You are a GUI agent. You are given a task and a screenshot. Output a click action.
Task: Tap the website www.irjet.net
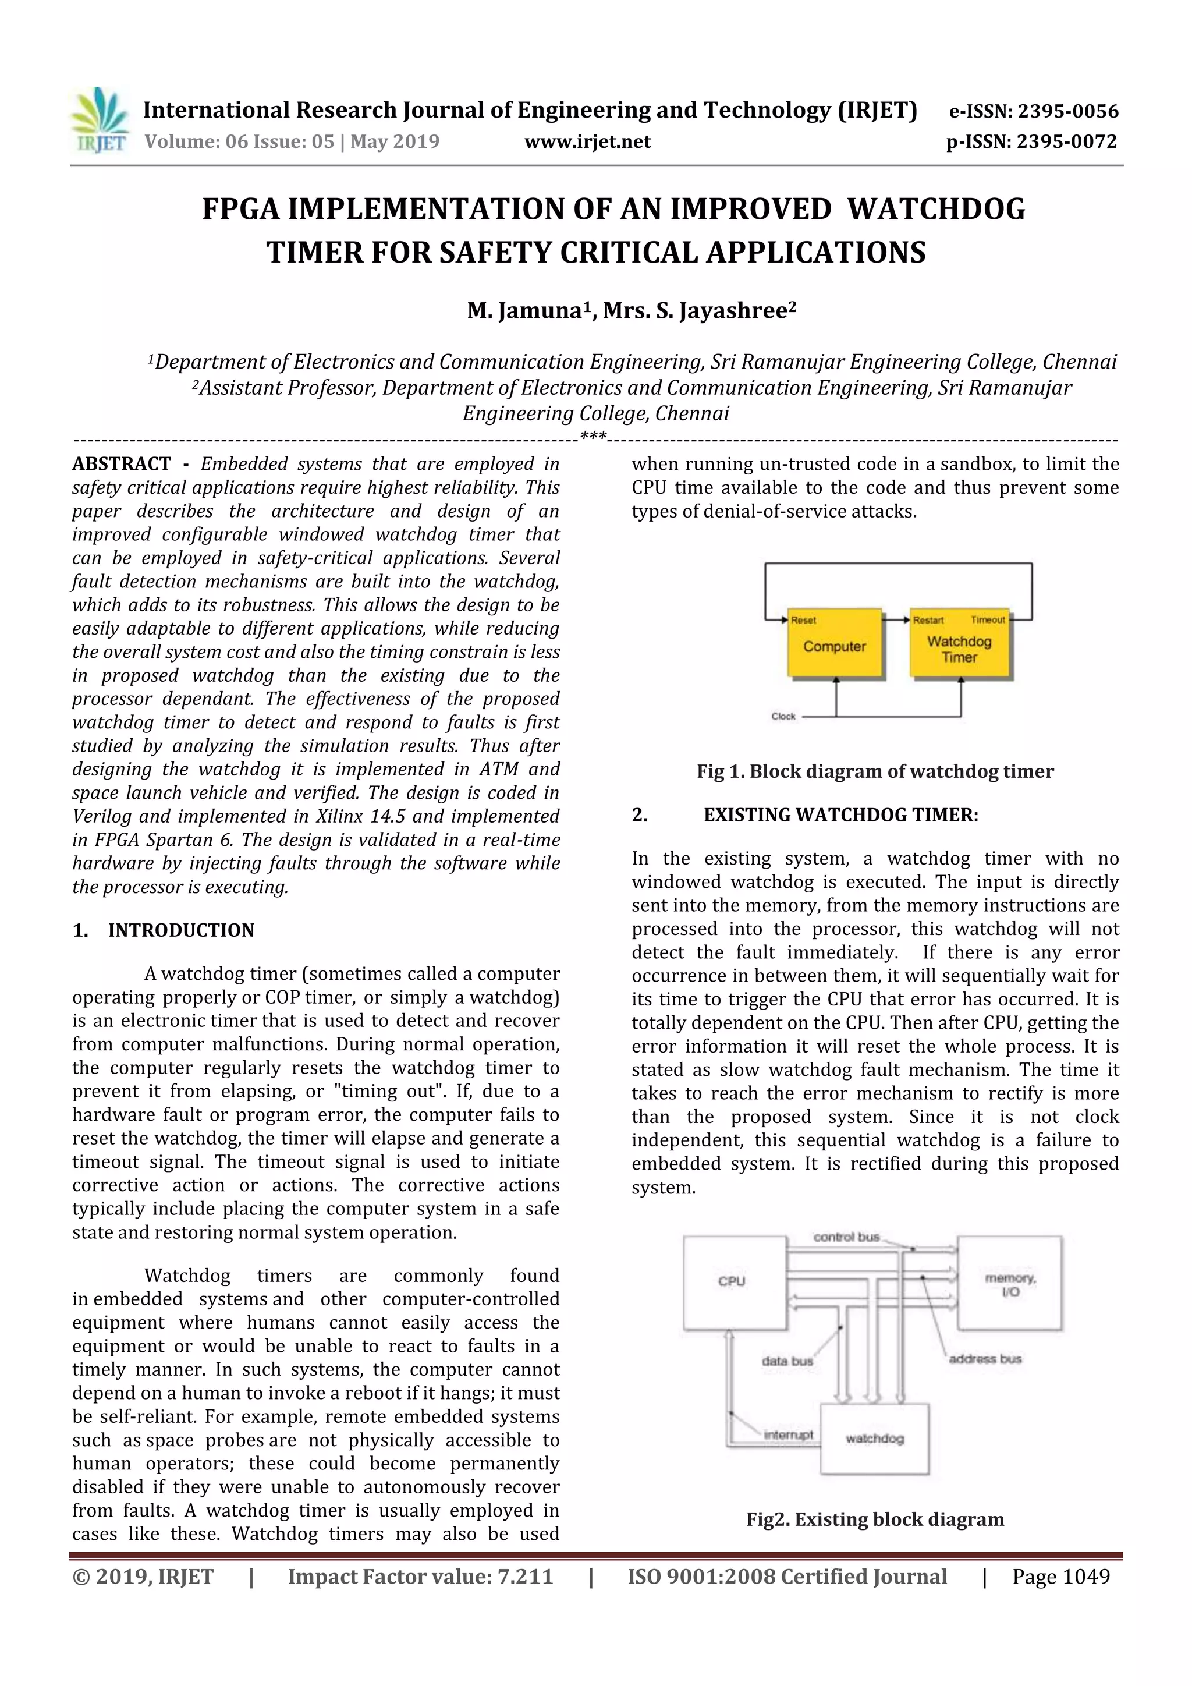(x=587, y=141)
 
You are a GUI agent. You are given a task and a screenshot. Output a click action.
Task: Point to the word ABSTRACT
(x=121, y=464)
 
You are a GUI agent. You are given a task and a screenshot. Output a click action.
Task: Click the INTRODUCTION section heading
(x=180, y=930)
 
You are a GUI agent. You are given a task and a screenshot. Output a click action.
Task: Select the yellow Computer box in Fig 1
(x=834, y=643)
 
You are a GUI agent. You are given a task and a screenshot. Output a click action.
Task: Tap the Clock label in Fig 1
(x=783, y=716)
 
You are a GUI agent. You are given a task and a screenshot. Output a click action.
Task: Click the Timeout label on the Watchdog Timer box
(x=987, y=620)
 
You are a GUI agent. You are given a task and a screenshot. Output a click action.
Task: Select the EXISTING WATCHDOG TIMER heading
(x=840, y=815)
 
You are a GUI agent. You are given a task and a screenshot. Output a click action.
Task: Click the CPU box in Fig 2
(x=731, y=1282)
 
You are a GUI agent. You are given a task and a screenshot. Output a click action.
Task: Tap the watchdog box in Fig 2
(x=874, y=1439)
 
